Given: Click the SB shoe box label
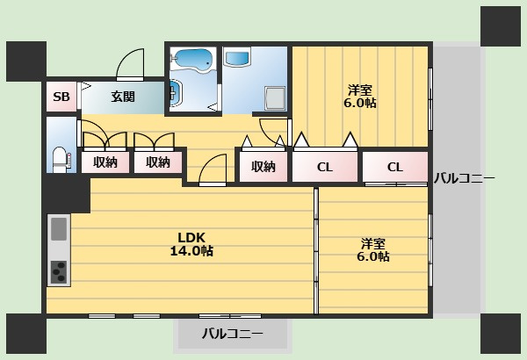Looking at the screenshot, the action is (x=61, y=97).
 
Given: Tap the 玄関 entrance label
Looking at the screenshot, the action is (x=123, y=97).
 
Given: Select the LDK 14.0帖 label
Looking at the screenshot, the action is (x=191, y=244).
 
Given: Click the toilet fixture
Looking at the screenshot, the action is (x=61, y=160).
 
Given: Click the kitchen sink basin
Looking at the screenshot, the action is (x=59, y=229).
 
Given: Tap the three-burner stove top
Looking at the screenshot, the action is (x=59, y=272).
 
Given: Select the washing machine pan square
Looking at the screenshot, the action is (x=276, y=98).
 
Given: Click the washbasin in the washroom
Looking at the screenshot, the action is (x=237, y=58).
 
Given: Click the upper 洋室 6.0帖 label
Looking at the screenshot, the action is (x=360, y=97).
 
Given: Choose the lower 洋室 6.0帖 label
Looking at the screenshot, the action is (x=373, y=250).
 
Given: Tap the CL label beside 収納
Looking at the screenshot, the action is (x=325, y=167).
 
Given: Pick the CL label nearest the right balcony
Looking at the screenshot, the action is (x=395, y=167).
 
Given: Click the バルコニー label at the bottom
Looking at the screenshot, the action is (x=233, y=334).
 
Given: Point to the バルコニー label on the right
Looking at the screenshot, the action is (x=465, y=178).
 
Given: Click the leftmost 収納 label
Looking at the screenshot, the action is (x=105, y=162).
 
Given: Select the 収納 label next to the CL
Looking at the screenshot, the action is (x=263, y=167).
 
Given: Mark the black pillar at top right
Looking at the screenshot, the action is (x=501, y=26).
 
